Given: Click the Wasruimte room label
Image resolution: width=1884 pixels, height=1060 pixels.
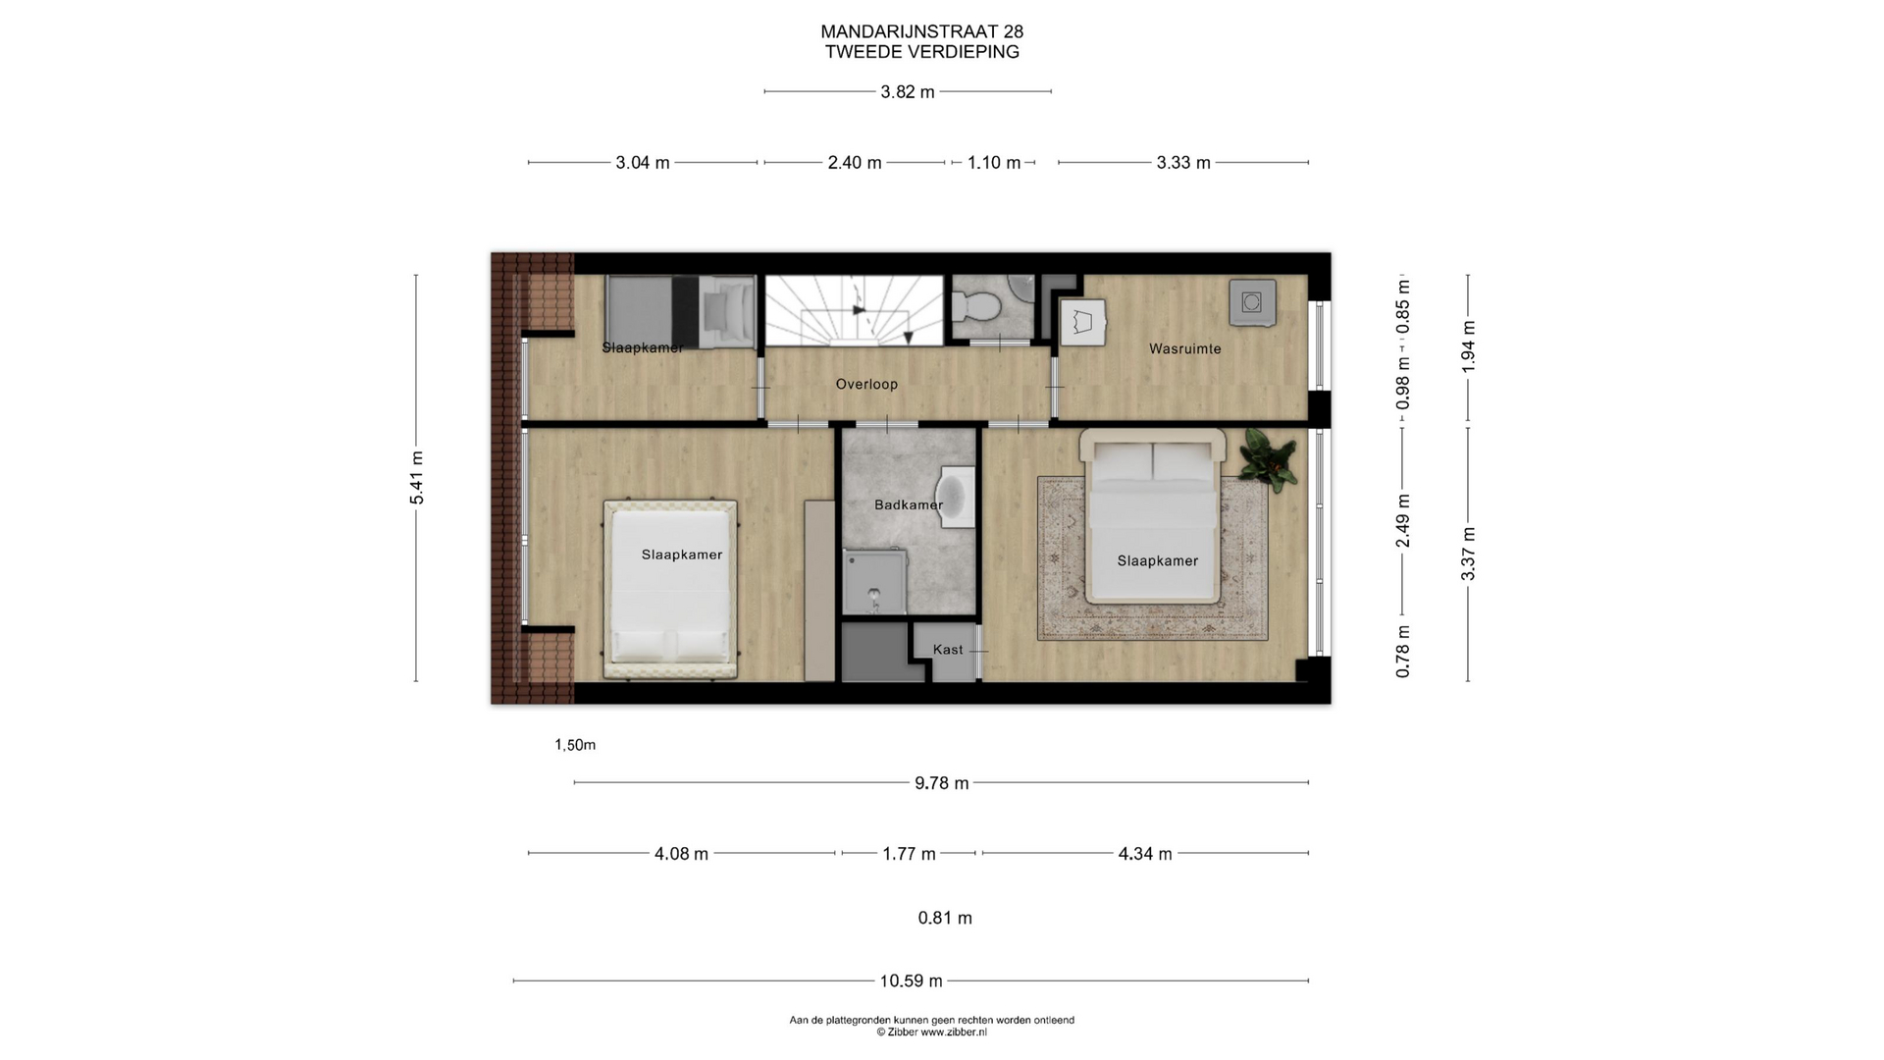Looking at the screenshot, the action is tap(1185, 348).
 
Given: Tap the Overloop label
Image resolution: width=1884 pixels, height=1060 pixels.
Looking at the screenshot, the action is tap(866, 384).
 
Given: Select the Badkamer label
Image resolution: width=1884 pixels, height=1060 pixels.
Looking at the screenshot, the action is tap(909, 504).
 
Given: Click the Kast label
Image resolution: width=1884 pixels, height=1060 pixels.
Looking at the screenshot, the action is tap(948, 649).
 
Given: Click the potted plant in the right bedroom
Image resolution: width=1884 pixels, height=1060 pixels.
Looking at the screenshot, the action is tap(1268, 458).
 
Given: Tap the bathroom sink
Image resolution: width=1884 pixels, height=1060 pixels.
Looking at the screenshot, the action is tap(957, 498).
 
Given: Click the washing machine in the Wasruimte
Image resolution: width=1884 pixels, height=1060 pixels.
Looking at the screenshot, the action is tap(1252, 302).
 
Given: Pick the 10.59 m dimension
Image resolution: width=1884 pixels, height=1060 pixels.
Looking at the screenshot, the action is tap(911, 980).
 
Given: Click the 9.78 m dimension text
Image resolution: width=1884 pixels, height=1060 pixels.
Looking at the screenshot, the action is tap(941, 783).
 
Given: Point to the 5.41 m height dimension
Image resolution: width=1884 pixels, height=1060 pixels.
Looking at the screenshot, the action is tap(417, 478).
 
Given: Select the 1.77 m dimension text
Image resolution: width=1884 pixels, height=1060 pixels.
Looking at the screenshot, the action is tap(909, 854).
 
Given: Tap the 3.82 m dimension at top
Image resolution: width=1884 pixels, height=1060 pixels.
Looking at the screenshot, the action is tap(908, 92).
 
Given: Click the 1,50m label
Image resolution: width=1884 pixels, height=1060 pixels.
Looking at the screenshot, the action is tap(575, 745).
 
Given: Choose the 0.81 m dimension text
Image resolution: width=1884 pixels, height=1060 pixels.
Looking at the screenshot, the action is tap(945, 919).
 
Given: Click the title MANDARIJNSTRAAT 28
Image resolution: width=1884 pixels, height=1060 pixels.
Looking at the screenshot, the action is tap(921, 33).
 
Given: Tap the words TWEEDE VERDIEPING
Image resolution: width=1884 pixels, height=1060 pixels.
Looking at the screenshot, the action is tap(921, 53).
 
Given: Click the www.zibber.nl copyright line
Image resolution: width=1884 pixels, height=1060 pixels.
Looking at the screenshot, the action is tap(932, 1033).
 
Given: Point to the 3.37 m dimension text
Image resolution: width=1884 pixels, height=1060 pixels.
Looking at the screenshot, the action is tap(1469, 555).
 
